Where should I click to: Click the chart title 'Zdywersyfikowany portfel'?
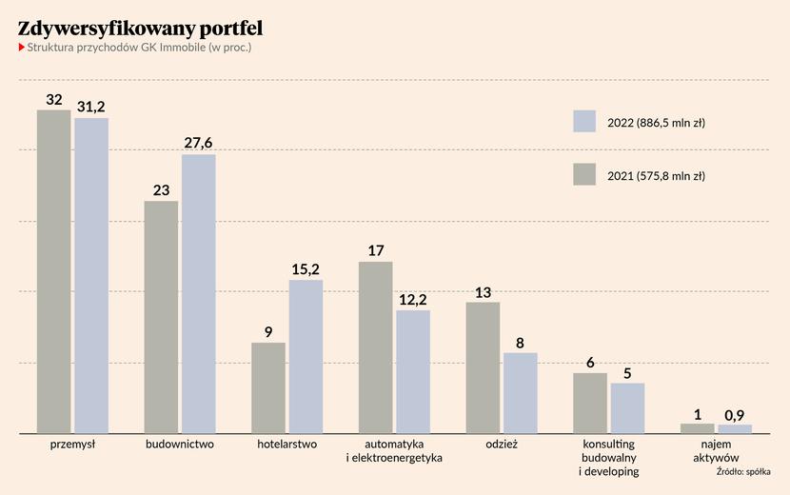(140, 29)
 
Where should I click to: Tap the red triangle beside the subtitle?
(22, 48)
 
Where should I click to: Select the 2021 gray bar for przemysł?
(54, 271)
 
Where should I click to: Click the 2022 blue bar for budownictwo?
(199, 294)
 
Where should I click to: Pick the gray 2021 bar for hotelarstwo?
(268, 388)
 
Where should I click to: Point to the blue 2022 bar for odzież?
(521, 393)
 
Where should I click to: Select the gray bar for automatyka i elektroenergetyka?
(376, 347)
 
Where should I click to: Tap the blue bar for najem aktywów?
(735, 429)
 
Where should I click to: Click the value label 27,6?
(198, 143)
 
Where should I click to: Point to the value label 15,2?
(306, 269)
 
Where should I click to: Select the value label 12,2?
(413, 300)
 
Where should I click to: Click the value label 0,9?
(735, 415)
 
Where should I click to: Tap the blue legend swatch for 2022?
(584, 121)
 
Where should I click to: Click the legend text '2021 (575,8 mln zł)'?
(656, 176)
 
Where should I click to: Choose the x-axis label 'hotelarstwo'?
(287, 445)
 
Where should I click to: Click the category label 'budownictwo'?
(180, 445)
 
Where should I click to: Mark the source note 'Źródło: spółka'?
(743, 472)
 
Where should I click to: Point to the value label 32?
(54, 100)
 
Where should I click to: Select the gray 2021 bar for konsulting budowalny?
(590, 404)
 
